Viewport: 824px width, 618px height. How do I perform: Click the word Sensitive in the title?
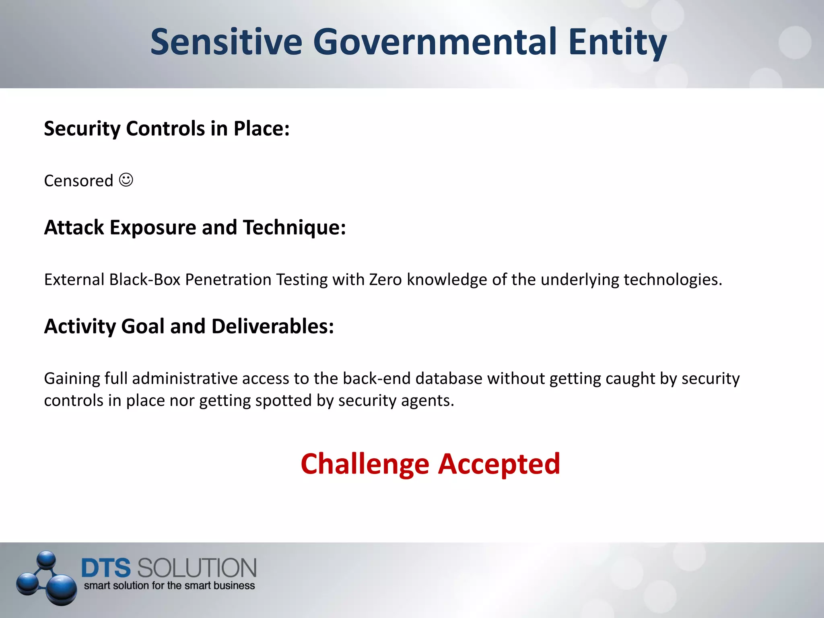pos(226,42)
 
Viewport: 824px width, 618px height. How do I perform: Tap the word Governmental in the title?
pos(435,42)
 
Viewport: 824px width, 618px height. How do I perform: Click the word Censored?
pos(78,181)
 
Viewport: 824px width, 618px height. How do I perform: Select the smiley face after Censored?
pos(126,180)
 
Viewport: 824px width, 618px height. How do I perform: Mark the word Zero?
pos(385,280)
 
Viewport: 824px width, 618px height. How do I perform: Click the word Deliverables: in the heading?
pos(272,326)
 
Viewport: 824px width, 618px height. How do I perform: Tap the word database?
pos(449,379)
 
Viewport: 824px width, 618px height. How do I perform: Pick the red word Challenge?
pos(365,464)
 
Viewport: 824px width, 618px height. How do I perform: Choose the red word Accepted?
pos(499,464)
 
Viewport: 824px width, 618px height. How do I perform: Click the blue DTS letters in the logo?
pos(106,568)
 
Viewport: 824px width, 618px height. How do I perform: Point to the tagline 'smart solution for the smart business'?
pos(169,586)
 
